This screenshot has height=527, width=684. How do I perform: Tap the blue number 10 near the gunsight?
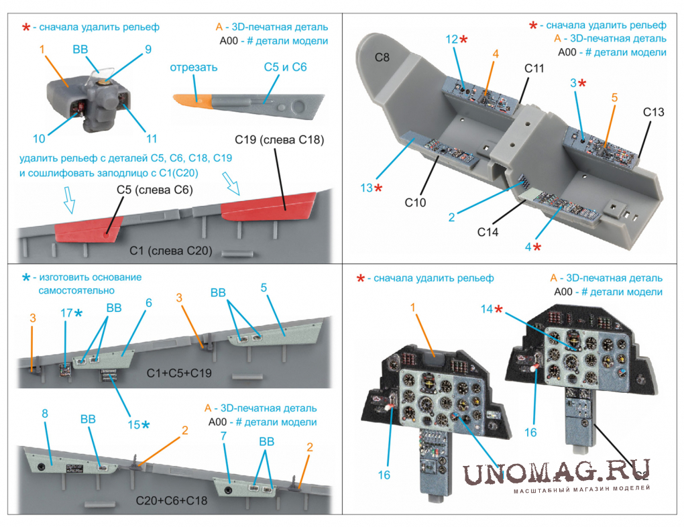(x=39, y=139)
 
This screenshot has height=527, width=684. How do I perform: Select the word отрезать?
(x=194, y=68)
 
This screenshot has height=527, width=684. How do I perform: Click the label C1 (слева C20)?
(x=171, y=250)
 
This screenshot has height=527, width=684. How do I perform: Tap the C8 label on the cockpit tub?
(x=382, y=58)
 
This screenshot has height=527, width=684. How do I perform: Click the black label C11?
(x=534, y=68)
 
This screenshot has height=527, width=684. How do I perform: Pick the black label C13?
(x=653, y=112)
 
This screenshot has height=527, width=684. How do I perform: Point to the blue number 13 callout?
(x=366, y=188)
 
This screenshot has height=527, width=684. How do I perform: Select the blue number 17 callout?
(x=65, y=313)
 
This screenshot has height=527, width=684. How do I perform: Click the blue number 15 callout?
(x=134, y=424)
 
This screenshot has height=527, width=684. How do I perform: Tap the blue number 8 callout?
(x=45, y=414)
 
